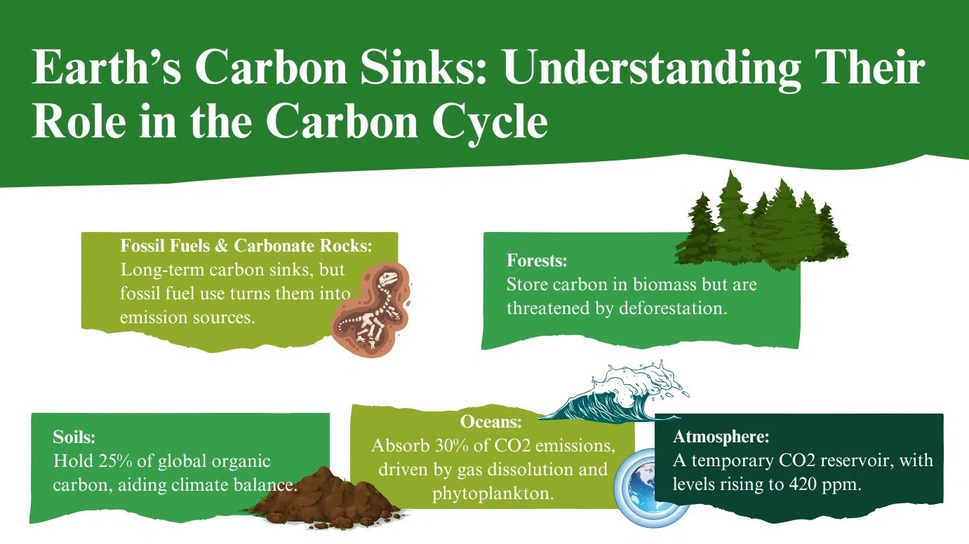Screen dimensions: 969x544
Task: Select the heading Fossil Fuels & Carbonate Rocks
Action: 246,245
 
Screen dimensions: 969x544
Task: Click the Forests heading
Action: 537,260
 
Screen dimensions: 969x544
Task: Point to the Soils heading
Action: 74,437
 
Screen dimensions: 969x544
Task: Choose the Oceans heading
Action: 491,421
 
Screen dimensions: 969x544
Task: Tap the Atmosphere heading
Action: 721,437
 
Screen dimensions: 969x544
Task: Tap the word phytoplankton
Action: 493,494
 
